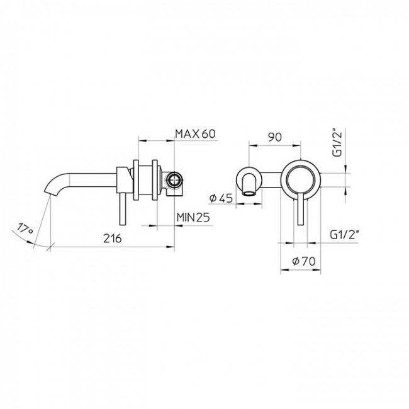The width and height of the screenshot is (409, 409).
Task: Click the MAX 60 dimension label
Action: (195, 133)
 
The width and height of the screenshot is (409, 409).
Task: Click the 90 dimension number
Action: (274, 137)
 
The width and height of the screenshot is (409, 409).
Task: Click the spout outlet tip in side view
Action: (51, 189)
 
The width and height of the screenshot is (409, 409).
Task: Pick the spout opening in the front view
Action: (251, 188)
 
